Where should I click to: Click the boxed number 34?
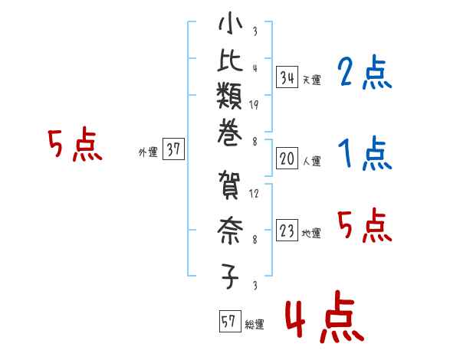287,77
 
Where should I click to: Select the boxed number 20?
287,159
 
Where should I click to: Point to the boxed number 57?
228,322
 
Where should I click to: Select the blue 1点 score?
364,155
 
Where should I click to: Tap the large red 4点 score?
323,320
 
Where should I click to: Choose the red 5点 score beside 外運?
74,146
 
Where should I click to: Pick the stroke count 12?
254,194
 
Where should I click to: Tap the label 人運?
312,162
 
